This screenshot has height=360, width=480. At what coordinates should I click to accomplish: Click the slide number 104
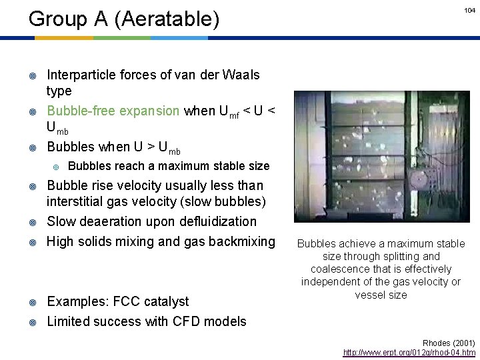point(470,11)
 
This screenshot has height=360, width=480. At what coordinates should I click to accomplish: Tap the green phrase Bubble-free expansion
point(113,111)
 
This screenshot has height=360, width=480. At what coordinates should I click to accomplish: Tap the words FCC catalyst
point(148,301)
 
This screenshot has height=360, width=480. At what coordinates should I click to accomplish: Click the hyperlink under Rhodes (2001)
point(409,352)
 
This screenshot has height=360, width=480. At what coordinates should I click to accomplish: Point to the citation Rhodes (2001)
point(449,342)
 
